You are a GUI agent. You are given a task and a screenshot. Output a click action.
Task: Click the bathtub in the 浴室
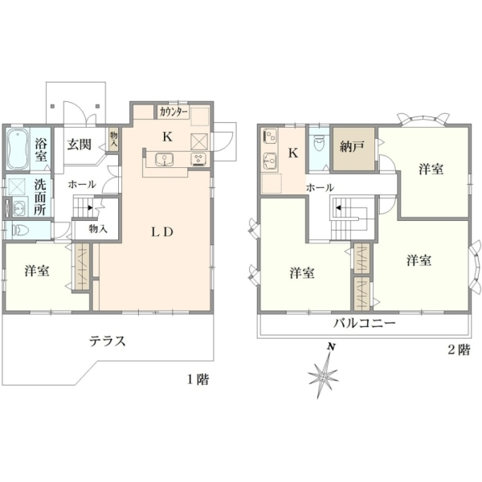[x=18, y=149]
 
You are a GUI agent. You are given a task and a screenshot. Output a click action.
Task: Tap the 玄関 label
[x=80, y=144]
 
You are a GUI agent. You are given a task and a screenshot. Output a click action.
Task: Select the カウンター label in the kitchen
[x=174, y=112]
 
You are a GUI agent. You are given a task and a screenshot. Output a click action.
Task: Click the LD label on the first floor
[x=162, y=232]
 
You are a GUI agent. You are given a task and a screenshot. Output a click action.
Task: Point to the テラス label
[x=108, y=341]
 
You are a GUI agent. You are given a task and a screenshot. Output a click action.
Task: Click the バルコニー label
[x=365, y=323]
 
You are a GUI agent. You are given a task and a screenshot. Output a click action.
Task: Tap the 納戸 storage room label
[x=353, y=146]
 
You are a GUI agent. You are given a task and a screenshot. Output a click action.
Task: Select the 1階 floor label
[x=198, y=380]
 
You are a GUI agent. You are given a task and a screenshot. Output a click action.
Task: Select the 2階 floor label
[x=459, y=349]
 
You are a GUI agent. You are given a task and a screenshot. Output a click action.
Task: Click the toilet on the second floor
[x=318, y=144]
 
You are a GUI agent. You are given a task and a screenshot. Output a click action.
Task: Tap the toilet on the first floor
[x=20, y=230]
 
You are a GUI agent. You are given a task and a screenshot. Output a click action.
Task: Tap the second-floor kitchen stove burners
[x=270, y=137]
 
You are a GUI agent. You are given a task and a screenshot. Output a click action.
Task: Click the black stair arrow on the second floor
[x=338, y=207]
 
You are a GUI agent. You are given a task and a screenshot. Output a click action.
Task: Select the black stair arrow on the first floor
[x=90, y=207]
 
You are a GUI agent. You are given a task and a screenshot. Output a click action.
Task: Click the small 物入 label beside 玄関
[x=114, y=141]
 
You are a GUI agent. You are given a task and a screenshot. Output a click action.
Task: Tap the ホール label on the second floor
[x=320, y=187]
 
